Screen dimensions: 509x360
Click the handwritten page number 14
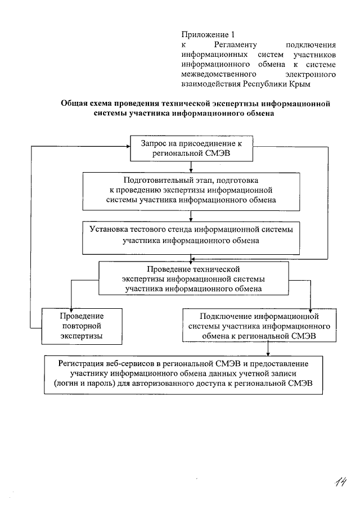(339, 482)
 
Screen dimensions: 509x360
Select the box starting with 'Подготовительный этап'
(192, 190)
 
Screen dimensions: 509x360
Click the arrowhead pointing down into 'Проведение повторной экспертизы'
(72, 305)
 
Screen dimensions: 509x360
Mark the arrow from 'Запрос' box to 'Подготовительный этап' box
(192, 166)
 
